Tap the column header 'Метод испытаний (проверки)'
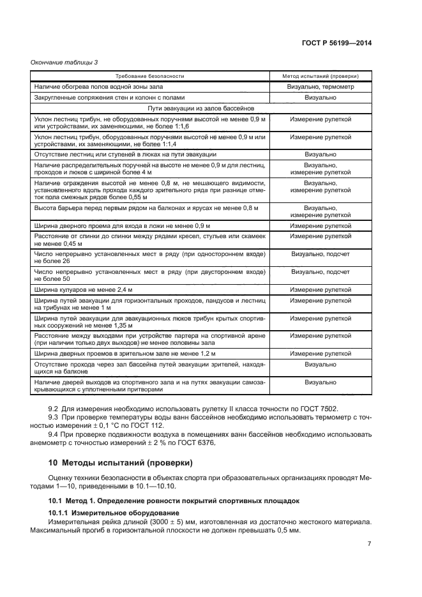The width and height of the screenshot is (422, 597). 320,75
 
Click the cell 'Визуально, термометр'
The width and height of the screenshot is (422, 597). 320,86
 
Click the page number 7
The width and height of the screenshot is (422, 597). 369,544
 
